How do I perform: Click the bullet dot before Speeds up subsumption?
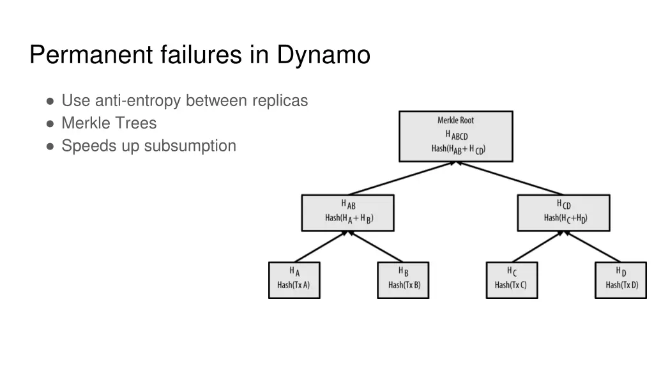pos(50,146)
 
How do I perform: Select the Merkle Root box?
pos(455,136)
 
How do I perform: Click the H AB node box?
pos(347,213)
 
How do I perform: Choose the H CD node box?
pos(563,213)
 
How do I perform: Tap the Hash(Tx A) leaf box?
pos(294,280)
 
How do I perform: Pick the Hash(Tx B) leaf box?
pos(403,280)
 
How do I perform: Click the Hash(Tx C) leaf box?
pos(511,280)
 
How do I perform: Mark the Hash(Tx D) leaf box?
pos(620,280)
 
